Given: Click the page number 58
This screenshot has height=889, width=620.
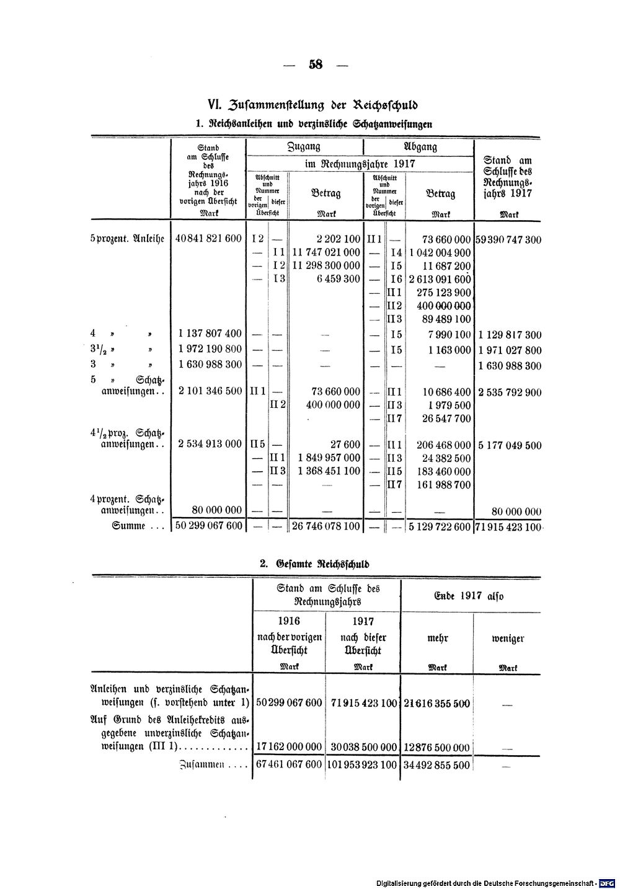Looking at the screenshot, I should (315, 64).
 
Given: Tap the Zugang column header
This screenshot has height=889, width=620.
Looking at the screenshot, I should (304, 147).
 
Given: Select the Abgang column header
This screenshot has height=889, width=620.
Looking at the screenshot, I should (420, 147).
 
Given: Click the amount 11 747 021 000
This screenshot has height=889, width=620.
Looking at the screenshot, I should (325, 252).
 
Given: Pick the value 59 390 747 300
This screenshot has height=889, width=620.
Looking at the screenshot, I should (508, 239).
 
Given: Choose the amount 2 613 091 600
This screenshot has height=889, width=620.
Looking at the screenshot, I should (439, 279).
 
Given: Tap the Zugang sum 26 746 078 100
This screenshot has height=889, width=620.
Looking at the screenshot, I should (325, 527).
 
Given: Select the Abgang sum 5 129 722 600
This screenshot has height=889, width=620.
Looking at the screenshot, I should (439, 527).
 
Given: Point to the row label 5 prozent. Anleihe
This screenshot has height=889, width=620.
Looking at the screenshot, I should (126, 239).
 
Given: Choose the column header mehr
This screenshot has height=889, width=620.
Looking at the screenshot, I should (438, 638).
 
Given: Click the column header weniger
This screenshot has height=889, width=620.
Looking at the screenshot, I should (508, 638).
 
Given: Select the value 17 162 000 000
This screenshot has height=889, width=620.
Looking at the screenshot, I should (289, 747).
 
